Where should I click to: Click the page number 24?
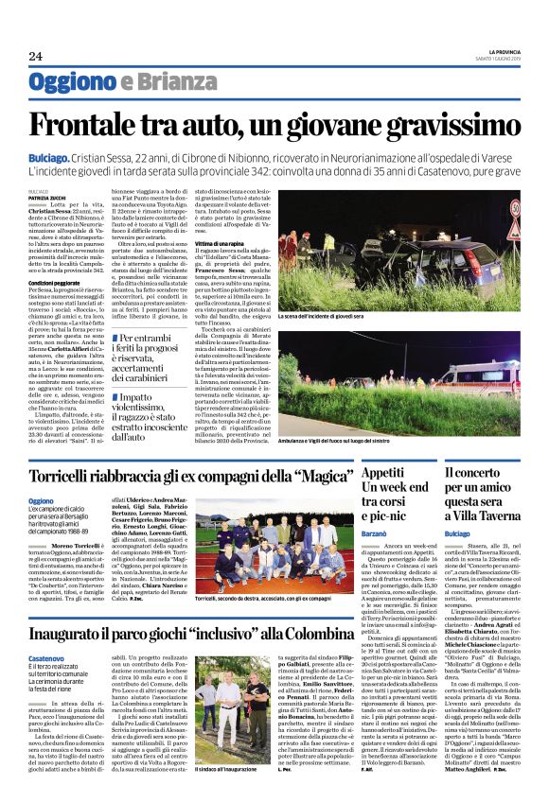point(35,57)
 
